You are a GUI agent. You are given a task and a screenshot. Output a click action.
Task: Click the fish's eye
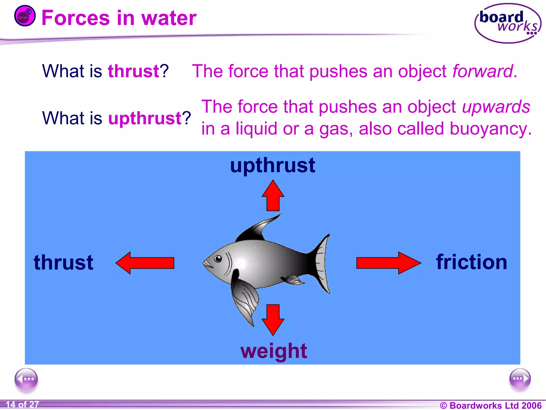tap(218, 258)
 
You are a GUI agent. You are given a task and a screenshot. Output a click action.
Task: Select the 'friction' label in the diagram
tap(471, 262)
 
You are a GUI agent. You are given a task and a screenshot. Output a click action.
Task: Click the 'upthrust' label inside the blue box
tap(273, 165)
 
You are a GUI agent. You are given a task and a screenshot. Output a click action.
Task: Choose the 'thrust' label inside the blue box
tap(63, 262)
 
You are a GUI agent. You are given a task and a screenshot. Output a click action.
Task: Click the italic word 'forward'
tap(483, 71)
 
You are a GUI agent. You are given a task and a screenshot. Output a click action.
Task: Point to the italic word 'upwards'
tap(496, 107)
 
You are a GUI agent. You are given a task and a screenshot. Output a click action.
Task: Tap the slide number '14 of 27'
tap(22, 404)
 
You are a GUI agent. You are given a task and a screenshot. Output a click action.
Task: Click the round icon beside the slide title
tap(25, 16)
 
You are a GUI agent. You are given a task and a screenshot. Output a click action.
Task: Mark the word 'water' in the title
tap(169, 18)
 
